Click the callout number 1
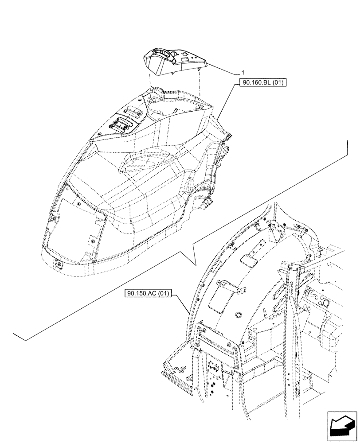(x=243, y=72)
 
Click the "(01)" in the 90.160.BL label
(x=278, y=83)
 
